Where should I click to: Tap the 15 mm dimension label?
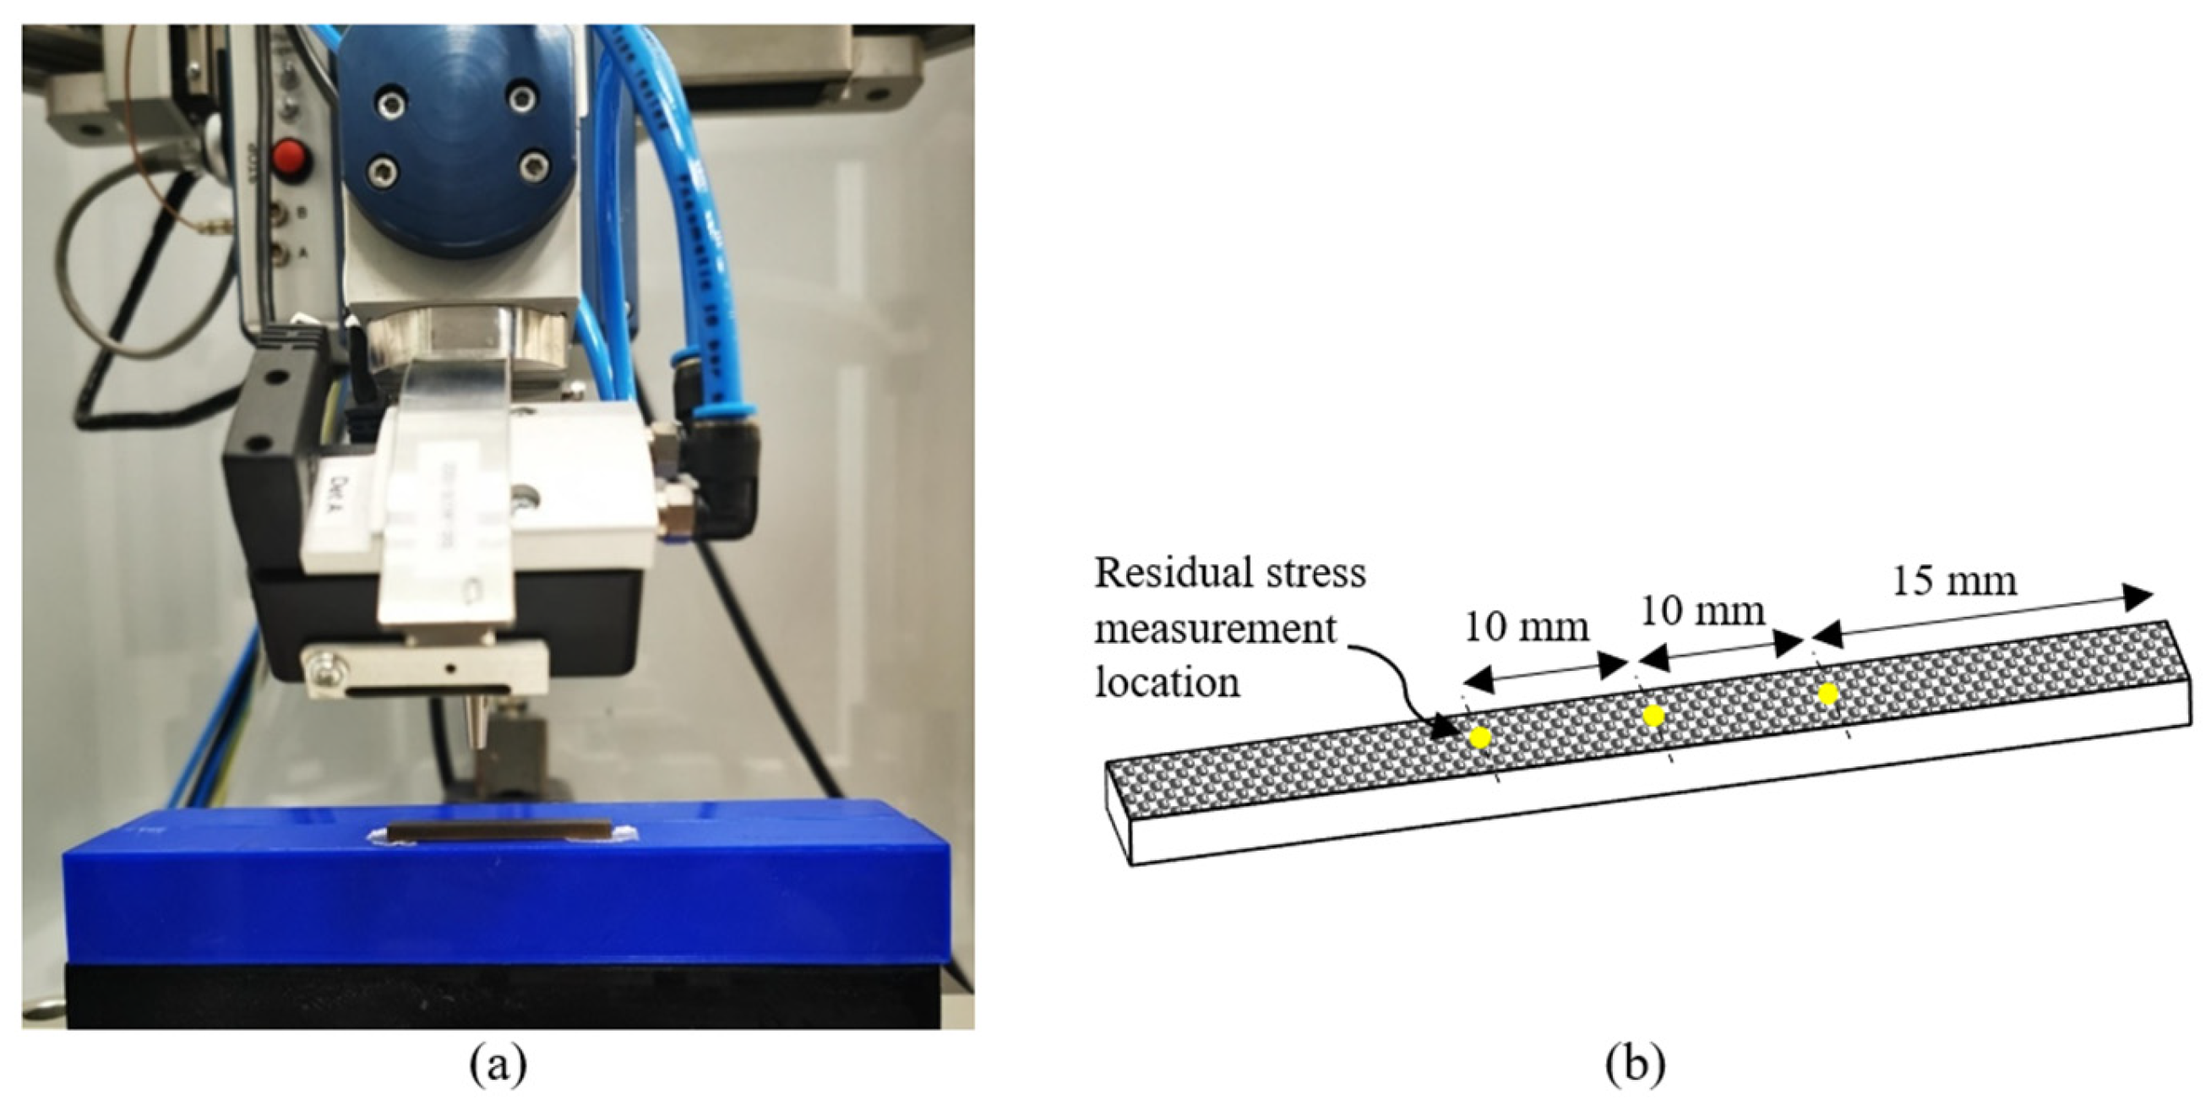tap(1954, 581)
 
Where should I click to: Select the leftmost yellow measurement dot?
tap(1479, 738)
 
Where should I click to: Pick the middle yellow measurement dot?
tap(1653, 716)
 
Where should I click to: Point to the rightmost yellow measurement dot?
tap(1827, 694)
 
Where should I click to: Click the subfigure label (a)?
tap(498, 1066)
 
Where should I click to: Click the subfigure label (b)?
tap(1634, 1066)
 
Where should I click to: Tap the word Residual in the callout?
tap(1160, 573)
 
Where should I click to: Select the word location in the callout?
tap(1167, 683)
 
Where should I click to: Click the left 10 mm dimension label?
tap(1526, 628)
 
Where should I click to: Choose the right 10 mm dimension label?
tap(1703, 612)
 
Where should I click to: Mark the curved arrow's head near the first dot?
tap(1451, 729)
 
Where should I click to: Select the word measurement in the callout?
tap(1216, 629)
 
